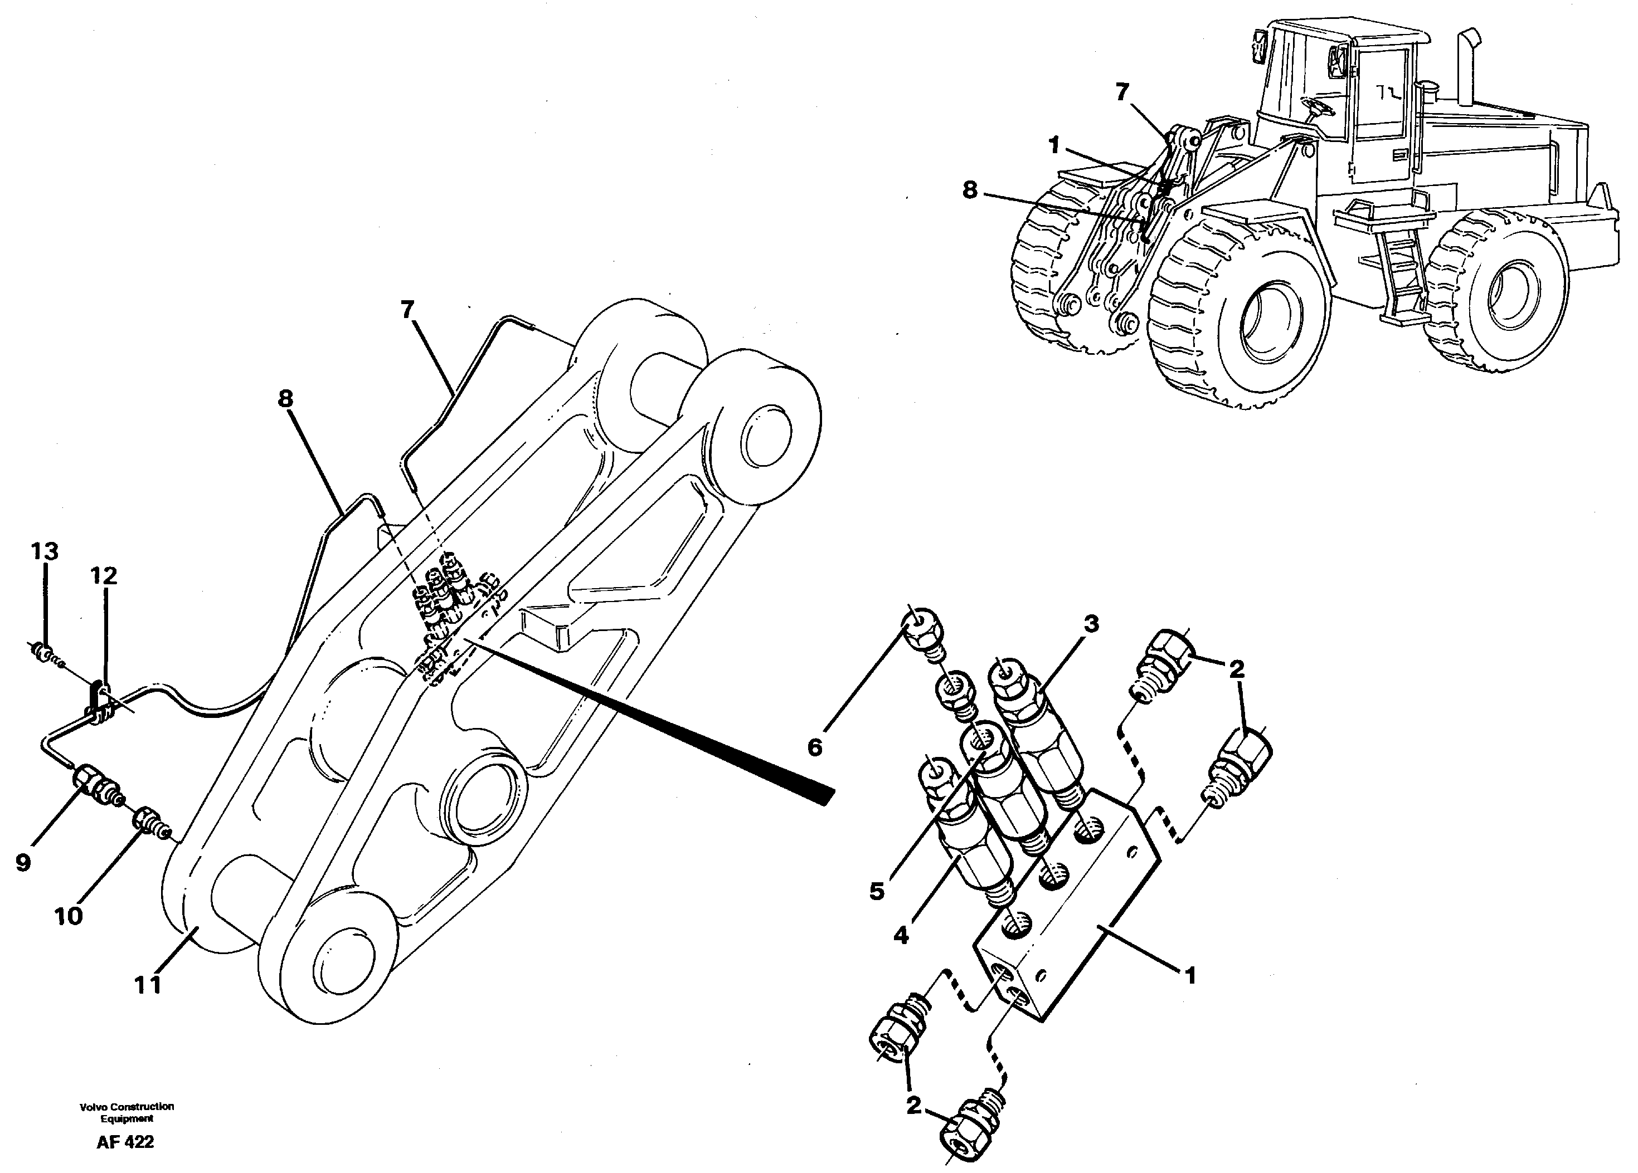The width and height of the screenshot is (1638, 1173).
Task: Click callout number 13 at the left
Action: [x=44, y=552]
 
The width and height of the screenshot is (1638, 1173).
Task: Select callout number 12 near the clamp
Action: [x=103, y=576]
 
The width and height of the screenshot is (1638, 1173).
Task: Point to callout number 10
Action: [x=69, y=916]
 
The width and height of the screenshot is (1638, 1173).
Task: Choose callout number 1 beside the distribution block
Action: [x=1189, y=976]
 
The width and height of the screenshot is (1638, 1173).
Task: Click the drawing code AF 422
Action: [x=125, y=1142]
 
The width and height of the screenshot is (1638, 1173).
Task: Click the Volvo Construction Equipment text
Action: [x=127, y=1112]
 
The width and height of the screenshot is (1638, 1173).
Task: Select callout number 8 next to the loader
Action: [x=970, y=190]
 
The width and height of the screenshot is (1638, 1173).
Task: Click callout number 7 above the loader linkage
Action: [x=1121, y=92]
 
